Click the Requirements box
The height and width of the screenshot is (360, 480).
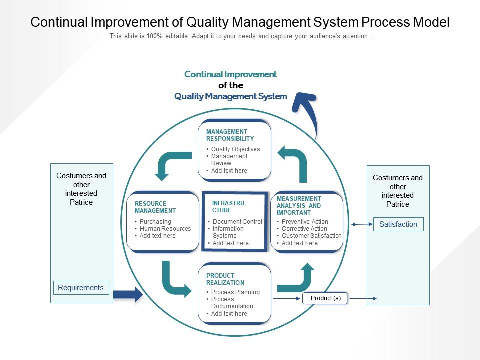tap(81, 288)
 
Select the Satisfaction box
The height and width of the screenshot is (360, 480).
tap(398, 224)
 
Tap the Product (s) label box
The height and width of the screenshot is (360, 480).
tap(325, 298)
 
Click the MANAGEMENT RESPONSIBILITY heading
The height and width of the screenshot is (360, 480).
tap(230, 135)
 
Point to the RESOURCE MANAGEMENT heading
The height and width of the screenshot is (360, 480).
tap(155, 207)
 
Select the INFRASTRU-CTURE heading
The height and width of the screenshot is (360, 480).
tap(229, 207)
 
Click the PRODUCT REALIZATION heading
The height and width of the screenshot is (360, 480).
tap(225, 279)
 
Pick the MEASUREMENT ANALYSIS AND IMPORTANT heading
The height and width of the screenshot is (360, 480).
tap(299, 206)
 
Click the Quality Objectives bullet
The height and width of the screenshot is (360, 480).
tap(235, 149)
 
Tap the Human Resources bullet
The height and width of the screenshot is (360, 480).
tap(165, 229)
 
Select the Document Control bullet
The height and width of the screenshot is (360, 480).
tap(237, 222)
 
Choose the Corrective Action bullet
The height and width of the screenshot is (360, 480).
tap(304, 229)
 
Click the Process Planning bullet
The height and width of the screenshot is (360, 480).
tap(235, 292)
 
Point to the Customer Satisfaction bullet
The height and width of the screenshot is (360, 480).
tap(311, 236)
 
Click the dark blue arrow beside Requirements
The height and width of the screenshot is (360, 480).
tap(128, 294)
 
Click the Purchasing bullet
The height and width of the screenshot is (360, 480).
tap(155, 222)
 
